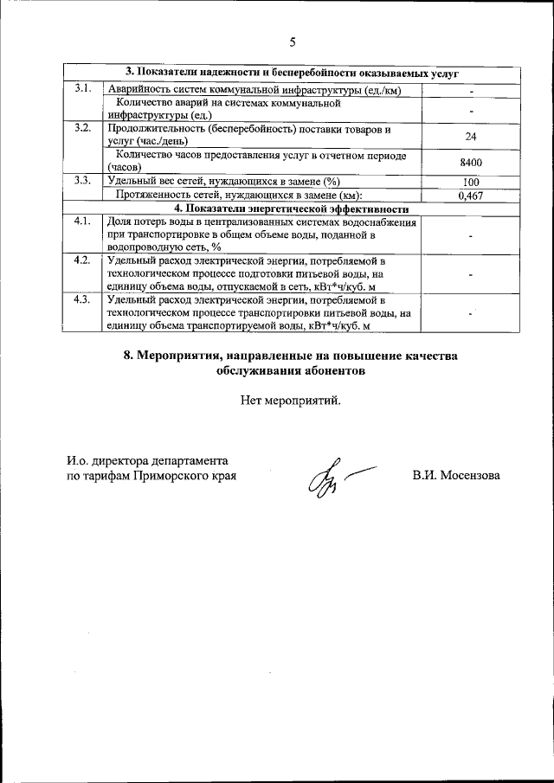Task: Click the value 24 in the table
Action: [x=471, y=136]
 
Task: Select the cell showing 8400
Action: [x=471, y=162]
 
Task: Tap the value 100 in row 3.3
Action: [x=471, y=182]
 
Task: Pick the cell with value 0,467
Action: [x=471, y=196]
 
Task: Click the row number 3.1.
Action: [x=83, y=89]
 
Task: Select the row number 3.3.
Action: [x=83, y=181]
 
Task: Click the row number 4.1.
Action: [x=83, y=222]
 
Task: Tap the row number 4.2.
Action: [x=83, y=260]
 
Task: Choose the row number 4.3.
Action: [x=83, y=299]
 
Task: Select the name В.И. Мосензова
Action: [x=456, y=476]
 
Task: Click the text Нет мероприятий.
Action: [x=291, y=400]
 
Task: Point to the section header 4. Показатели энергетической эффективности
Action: [x=291, y=209]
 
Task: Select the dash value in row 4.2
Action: [x=471, y=274]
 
